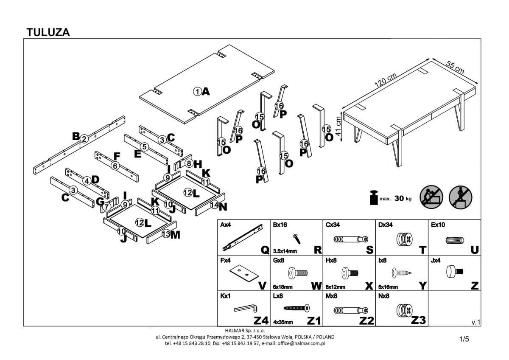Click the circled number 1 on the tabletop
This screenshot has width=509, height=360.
(197, 91)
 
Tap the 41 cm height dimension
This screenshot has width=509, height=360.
(338, 125)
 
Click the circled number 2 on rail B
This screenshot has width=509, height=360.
(84, 138)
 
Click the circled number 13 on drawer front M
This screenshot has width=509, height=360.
(166, 234)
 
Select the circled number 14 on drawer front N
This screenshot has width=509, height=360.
(214, 205)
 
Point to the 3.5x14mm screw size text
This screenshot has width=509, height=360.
(285, 251)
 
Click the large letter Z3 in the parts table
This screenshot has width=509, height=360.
(418, 320)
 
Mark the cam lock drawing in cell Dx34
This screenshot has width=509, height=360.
(402, 239)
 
